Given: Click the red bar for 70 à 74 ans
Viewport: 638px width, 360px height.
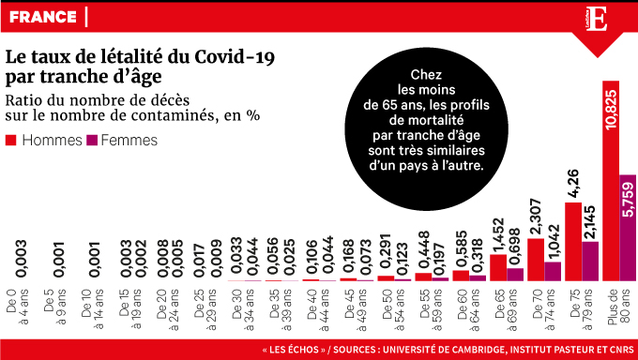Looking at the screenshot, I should pyautogui.click(x=536, y=259).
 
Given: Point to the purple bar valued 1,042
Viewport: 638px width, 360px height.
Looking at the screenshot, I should pyautogui.click(x=554, y=271).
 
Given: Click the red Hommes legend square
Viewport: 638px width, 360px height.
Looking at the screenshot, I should pyautogui.click(x=12, y=141).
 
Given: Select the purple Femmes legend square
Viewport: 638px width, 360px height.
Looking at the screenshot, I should pyautogui.click(x=92, y=141).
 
